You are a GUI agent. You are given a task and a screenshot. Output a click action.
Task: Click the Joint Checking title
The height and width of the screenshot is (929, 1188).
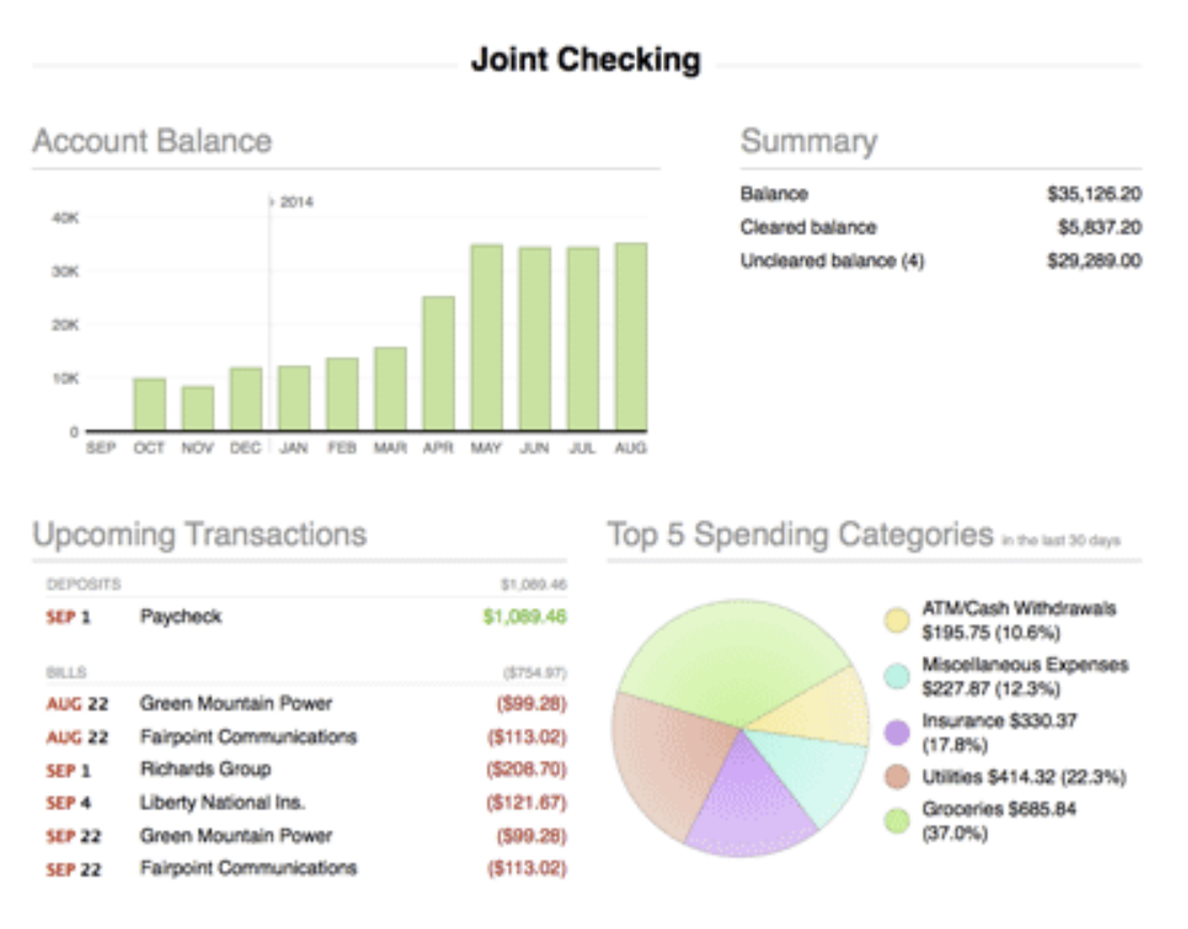click(586, 59)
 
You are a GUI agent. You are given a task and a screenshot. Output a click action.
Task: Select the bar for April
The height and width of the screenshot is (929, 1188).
click(438, 363)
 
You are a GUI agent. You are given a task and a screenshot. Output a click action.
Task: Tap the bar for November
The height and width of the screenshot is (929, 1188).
click(197, 408)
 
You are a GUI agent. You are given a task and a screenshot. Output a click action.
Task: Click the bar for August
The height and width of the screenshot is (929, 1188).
click(631, 337)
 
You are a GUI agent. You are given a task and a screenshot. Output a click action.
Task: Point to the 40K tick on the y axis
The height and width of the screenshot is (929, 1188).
click(65, 218)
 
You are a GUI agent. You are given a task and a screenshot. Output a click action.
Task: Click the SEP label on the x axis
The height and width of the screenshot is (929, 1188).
click(101, 448)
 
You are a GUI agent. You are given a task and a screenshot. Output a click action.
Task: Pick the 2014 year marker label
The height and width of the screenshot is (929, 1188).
click(295, 202)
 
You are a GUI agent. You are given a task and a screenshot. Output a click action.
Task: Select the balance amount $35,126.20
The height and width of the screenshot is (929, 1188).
click(1094, 194)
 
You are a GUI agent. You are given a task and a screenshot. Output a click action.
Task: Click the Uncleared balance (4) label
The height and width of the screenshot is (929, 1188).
click(832, 260)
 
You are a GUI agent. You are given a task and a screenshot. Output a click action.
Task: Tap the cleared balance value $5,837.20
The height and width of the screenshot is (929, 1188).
click(1099, 227)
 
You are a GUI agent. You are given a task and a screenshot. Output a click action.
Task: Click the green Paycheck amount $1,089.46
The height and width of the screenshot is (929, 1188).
click(525, 616)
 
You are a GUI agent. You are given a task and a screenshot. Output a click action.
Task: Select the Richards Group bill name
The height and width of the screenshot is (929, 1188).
click(206, 769)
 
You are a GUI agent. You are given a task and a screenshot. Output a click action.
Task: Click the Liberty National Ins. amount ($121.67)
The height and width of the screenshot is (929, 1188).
click(526, 803)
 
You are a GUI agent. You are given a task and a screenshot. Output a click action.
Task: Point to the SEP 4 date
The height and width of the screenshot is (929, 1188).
click(69, 803)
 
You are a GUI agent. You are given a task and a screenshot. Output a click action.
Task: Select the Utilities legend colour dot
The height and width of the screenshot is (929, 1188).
click(897, 777)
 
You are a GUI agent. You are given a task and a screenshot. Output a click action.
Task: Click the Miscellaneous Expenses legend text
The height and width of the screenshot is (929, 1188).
click(1024, 676)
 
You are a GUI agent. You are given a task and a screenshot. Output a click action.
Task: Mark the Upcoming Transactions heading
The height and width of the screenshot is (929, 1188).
click(200, 535)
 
